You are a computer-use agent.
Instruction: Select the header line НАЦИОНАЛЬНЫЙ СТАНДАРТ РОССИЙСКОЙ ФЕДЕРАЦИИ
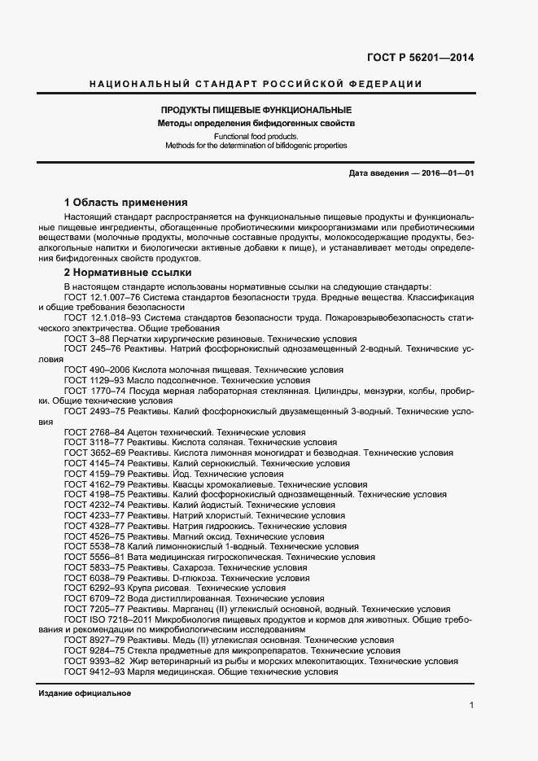[x=256, y=84]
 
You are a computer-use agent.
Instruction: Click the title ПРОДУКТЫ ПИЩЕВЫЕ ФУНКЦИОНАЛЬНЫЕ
[x=256, y=110]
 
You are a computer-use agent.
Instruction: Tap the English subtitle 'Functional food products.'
[x=256, y=136]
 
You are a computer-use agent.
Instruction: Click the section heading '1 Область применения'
[x=125, y=202]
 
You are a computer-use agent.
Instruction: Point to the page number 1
[x=471, y=706]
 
